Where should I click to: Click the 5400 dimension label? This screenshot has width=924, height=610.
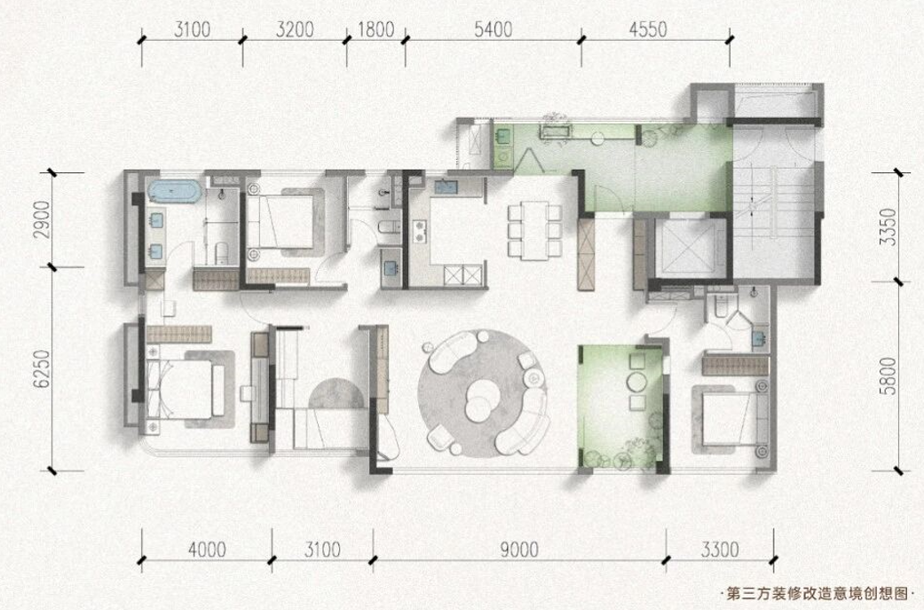[494, 29]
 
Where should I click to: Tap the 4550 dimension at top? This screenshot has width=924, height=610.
[648, 29]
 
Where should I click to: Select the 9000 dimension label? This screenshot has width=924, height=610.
[519, 550]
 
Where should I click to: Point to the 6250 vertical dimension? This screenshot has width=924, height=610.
[41, 369]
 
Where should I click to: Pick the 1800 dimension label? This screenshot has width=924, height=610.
[376, 29]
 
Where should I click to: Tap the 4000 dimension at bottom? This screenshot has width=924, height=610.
[207, 550]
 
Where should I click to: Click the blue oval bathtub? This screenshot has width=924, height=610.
[175, 192]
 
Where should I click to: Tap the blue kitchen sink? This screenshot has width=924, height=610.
[446, 186]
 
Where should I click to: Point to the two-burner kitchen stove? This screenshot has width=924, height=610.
[420, 231]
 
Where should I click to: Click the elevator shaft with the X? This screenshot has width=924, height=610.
[683, 248]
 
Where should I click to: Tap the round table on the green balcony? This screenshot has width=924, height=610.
[637, 381]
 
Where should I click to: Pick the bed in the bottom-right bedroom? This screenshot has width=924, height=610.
[735, 419]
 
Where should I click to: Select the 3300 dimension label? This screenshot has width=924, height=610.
[720, 550]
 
